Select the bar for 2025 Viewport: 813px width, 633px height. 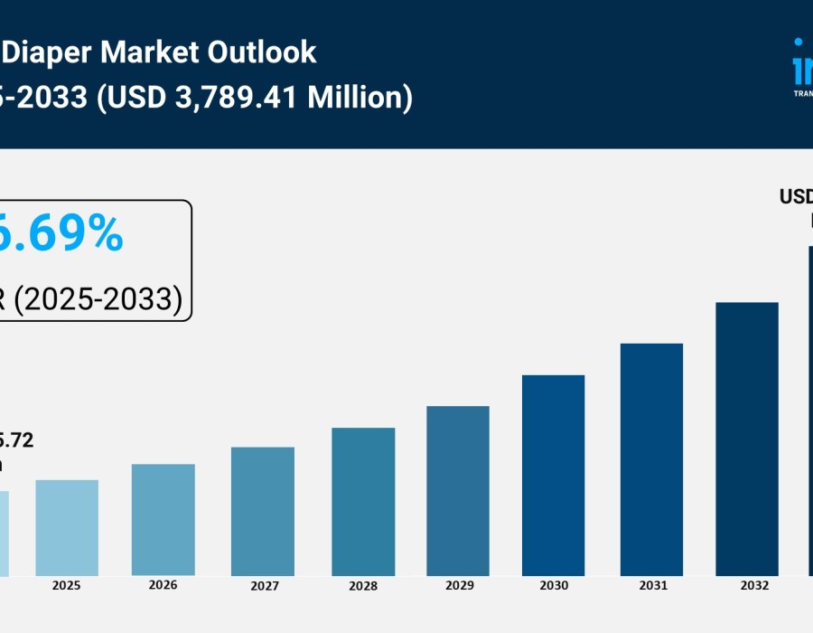pos(67,528)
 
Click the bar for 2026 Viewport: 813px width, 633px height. pos(163,520)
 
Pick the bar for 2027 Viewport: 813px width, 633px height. pos(263,512)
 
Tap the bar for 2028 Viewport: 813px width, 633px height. pos(363,502)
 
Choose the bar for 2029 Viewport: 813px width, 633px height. pos(458,491)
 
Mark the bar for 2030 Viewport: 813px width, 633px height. pos(554,476)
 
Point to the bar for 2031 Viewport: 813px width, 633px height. pos(651,460)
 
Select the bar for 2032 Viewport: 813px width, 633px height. pos(747,439)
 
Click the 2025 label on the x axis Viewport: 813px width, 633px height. pos(67,586)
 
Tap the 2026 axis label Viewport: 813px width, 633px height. pos(163,585)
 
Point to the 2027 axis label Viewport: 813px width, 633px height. pos(264,586)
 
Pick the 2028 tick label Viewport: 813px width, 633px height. pos(363,586)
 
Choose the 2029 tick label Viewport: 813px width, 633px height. pos(459,586)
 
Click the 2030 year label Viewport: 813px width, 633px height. pos(554,586)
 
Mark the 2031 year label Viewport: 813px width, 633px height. pos(652,586)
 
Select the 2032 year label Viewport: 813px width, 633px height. pos(755,586)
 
